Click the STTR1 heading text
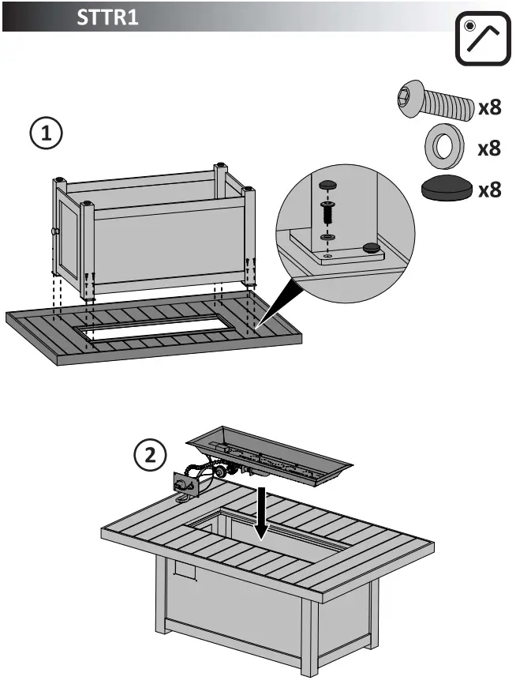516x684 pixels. coord(107,17)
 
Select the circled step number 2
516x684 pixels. coord(151,454)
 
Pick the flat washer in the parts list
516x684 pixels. coord(443,146)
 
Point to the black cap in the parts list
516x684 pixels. coord(446,190)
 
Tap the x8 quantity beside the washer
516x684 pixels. coord(489,148)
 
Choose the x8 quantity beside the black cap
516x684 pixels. coord(489,190)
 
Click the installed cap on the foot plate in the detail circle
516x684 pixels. coord(370,249)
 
